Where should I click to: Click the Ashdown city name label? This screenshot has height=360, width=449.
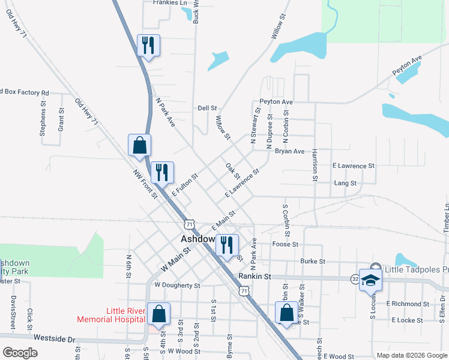tap(198, 239)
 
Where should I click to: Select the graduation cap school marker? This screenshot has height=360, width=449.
tap(372, 280)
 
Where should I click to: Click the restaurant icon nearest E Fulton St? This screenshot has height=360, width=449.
tap(161, 173)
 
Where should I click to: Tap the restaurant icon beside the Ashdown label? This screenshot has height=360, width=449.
tap(227, 245)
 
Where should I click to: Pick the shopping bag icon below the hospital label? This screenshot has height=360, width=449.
tap(158, 314)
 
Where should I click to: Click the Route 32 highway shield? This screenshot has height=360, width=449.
tap(355, 279)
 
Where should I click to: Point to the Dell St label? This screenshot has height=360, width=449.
tap(207, 108)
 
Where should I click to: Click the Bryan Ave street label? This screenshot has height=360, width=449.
tap(289, 151)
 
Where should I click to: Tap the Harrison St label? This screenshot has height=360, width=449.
tap(314, 165)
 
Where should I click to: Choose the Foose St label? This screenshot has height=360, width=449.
tap(285, 244)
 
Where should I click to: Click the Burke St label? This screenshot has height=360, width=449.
tap(312, 262)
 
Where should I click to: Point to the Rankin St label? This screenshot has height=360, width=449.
tap(255, 277)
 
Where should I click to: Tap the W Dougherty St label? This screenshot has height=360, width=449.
tap(176, 286)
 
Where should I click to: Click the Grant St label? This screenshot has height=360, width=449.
tap(61, 120)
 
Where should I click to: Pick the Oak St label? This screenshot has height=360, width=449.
tap(232, 171)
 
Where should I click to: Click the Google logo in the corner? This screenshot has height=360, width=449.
tap(20, 352)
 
